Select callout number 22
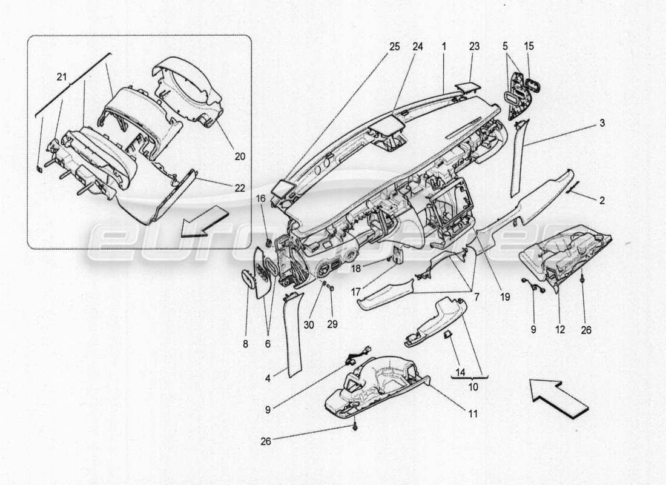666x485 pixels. coord(239,188)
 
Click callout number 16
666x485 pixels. coord(260,198)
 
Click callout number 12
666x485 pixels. coord(559,330)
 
